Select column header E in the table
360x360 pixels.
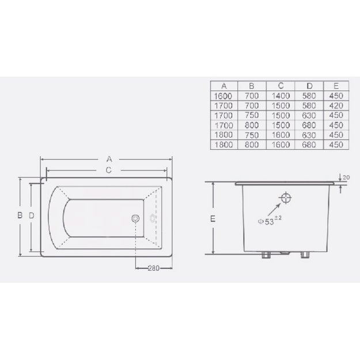pos(334,86)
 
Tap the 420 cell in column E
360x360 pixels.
pos(334,106)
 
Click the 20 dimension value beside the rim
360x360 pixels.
pos(345,176)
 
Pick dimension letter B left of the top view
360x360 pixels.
pos(19,215)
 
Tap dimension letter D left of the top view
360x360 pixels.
pos(32,215)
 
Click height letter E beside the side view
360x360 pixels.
pos(213,219)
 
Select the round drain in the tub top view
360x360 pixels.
pos(136,218)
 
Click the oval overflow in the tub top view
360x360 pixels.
pos(152,218)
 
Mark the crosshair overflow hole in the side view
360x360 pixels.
pos(286,199)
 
